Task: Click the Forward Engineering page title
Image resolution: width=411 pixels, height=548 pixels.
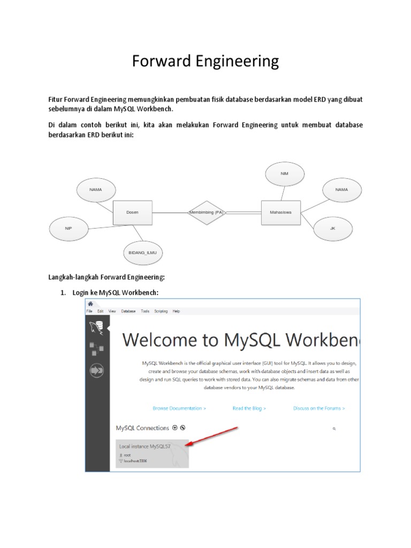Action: (x=205, y=62)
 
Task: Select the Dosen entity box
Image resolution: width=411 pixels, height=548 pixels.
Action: (x=133, y=212)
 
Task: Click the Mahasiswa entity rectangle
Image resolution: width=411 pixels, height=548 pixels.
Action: (x=280, y=212)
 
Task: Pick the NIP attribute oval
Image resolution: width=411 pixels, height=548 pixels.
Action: (x=68, y=229)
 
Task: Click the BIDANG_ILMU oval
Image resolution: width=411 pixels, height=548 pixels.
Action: (x=143, y=252)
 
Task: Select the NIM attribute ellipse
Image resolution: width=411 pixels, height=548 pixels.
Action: (x=284, y=174)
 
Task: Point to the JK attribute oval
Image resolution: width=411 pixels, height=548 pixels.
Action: (x=332, y=229)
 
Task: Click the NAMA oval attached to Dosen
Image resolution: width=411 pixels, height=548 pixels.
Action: (x=96, y=189)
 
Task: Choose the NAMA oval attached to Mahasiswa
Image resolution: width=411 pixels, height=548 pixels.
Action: (x=341, y=189)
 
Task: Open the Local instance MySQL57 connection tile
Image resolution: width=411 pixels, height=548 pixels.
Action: (x=153, y=453)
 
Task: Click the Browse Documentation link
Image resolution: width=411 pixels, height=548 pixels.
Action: (x=179, y=408)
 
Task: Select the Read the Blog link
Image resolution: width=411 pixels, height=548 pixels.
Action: (x=249, y=408)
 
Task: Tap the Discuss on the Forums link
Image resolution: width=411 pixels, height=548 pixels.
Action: (x=319, y=408)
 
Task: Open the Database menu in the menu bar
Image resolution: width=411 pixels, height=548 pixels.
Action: (x=128, y=311)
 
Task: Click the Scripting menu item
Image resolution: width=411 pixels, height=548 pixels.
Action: (x=161, y=311)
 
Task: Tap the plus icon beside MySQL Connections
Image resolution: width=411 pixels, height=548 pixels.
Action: (x=174, y=428)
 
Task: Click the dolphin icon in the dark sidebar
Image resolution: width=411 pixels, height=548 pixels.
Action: (x=97, y=328)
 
